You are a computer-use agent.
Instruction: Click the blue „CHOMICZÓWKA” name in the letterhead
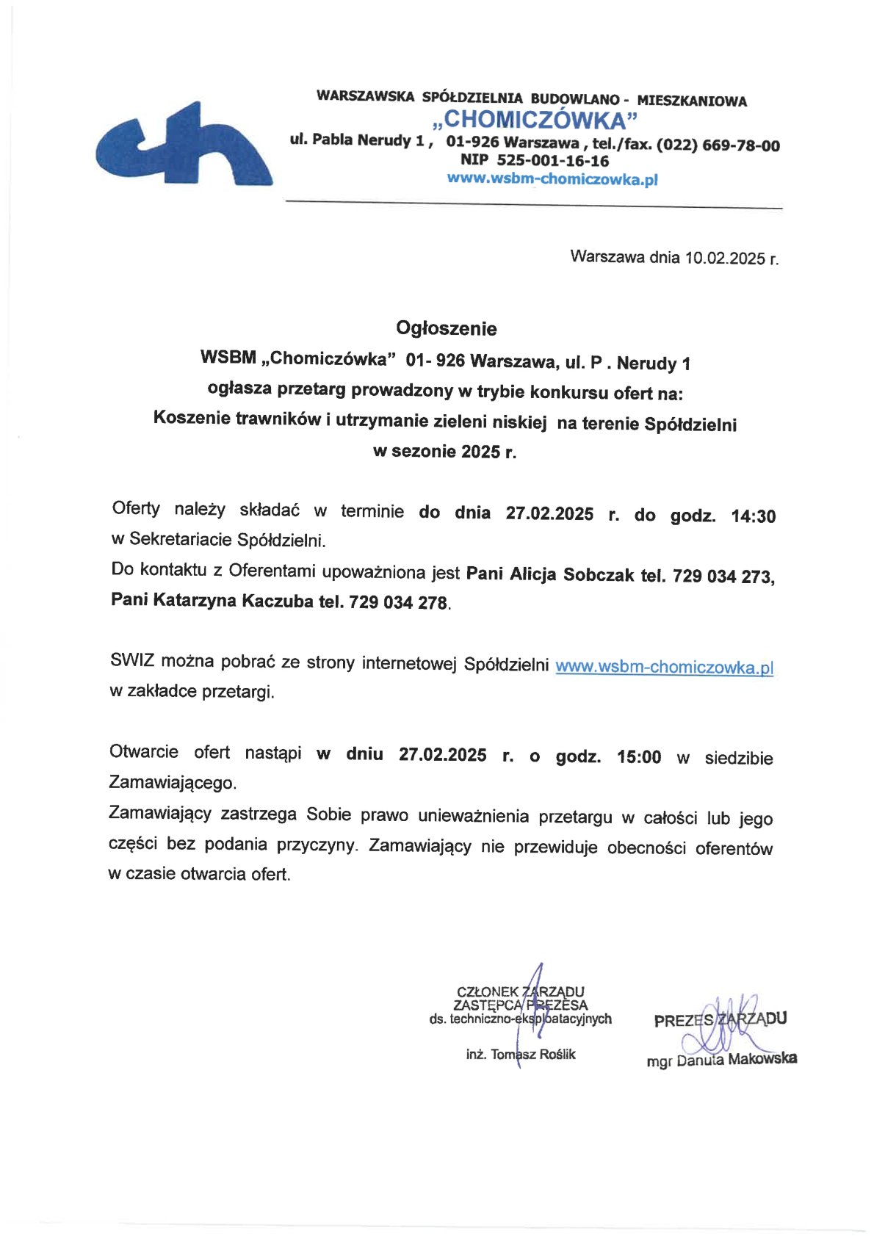click(534, 120)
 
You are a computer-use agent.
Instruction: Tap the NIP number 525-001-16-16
click(552, 161)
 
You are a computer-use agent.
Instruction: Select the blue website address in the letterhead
click(552, 178)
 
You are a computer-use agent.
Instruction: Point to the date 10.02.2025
click(724, 258)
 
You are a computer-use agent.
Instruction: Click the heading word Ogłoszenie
click(446, 328)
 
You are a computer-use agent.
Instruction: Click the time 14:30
click(753, 516)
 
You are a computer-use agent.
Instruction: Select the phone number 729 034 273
click(721, 577)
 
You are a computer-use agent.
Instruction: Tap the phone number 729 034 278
click(398, 603)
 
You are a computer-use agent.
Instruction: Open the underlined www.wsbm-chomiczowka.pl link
click(664, 667)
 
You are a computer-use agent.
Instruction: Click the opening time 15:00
click(639, 757)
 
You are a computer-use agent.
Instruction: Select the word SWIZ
click(131, 659)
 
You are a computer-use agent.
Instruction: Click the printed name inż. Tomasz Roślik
click(521, 1055)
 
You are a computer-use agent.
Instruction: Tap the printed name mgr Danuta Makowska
click(721, 1060)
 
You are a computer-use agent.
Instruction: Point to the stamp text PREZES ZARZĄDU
click(720, 1019)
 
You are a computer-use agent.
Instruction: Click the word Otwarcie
click(144, 751)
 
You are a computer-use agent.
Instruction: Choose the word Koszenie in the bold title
click(189, 419)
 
